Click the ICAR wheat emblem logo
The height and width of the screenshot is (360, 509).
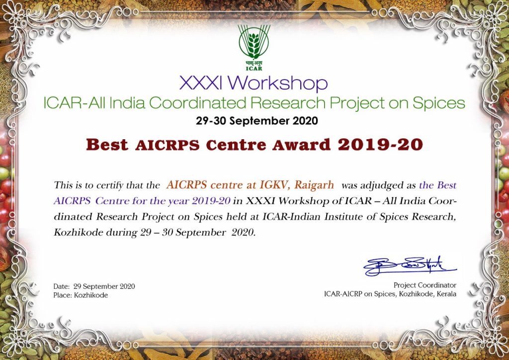[x=254, y=47]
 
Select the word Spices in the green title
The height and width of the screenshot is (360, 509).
[x=438, y=103]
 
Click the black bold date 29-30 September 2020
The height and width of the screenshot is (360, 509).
[x=257, y=121]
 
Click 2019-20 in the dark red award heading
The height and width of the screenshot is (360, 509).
[x=380, y=145]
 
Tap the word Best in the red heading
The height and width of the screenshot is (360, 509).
[x=107, y=145]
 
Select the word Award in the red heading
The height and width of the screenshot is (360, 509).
[x=301, y=145]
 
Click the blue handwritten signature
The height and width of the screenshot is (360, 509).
[x=410, y=267]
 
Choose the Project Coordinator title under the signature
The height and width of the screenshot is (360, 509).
[x=425, y=285]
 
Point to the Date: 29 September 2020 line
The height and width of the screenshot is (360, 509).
[x=94, y=286]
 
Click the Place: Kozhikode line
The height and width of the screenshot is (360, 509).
[x=81, y=295]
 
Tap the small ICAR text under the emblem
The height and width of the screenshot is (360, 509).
[x=254, y=69]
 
